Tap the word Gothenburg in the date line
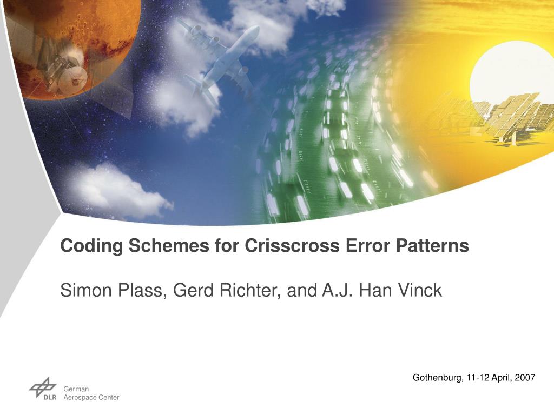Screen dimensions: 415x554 pos(437,378)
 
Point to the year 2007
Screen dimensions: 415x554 pos(525,378)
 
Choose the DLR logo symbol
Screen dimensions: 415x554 pos(42,388)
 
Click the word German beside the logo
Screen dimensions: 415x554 pos(76,389)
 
